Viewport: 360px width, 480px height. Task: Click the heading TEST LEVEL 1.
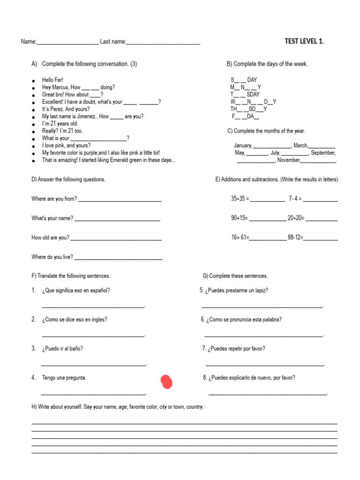(x=304, y=41)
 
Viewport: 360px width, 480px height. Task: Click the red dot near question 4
(x=166, y=382)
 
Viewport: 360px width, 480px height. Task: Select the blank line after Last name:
(x=163, y=43)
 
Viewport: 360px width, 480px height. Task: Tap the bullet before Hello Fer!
(x=33, y=81)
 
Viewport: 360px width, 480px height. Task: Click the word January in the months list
(x=243, y=146)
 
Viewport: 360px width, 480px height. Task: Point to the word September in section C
(x=323, y=153)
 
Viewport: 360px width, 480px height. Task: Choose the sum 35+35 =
(x=240, y=199)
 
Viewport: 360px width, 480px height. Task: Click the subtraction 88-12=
(x=295, y=238)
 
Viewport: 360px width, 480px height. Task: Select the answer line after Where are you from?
(x=120, y=200)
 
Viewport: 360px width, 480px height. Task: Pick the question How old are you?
(x=50, y=238)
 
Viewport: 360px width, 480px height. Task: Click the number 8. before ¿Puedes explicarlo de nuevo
(x=205, y=378)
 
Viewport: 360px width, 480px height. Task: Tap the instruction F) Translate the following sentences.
(x=71, y=276)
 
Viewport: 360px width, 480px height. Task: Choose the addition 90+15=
(x=239, y=218)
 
